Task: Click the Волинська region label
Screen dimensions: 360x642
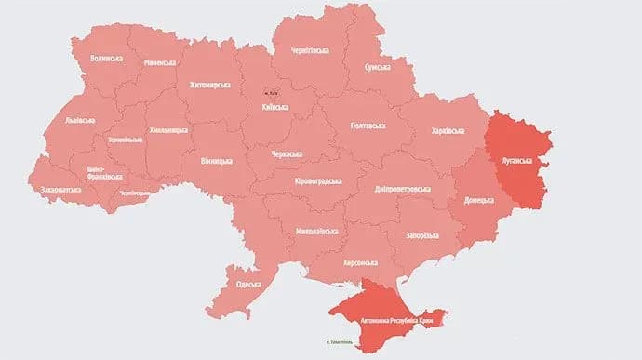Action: (x=108, y=58)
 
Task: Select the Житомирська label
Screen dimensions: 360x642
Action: (x=209, y=84)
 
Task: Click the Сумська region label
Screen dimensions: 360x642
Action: (x=376, y=67)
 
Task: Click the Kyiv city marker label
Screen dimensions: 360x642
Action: (x=273, y=92)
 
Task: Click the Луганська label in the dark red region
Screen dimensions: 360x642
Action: (x=516, y=159)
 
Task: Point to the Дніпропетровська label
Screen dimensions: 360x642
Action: (x=398, y=189)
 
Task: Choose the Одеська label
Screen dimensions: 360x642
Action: (x=248, y=284)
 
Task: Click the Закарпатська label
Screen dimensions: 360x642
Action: (x=60, y=190)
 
